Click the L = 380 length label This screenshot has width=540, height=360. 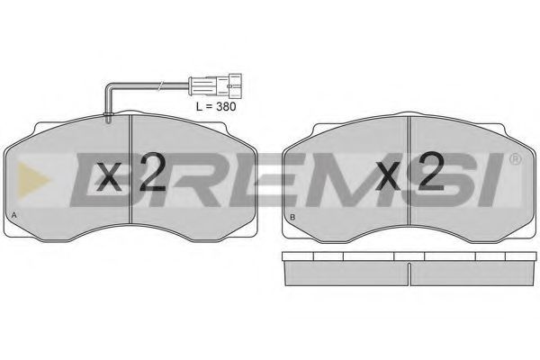coord(216,106)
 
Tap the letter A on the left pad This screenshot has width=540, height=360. coord(13,215)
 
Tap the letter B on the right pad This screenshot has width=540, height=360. coord(292,217)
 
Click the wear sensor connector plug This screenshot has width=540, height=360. coord(215,85)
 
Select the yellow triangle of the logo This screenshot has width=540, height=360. coord(32,181)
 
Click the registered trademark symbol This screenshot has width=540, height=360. coord(515,158)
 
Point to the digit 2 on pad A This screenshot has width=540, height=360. coord(153,172)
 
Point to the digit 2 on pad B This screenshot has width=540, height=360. coord(431,171)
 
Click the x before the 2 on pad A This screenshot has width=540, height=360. coord(109,177)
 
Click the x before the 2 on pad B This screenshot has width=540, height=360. coord(388,176)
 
